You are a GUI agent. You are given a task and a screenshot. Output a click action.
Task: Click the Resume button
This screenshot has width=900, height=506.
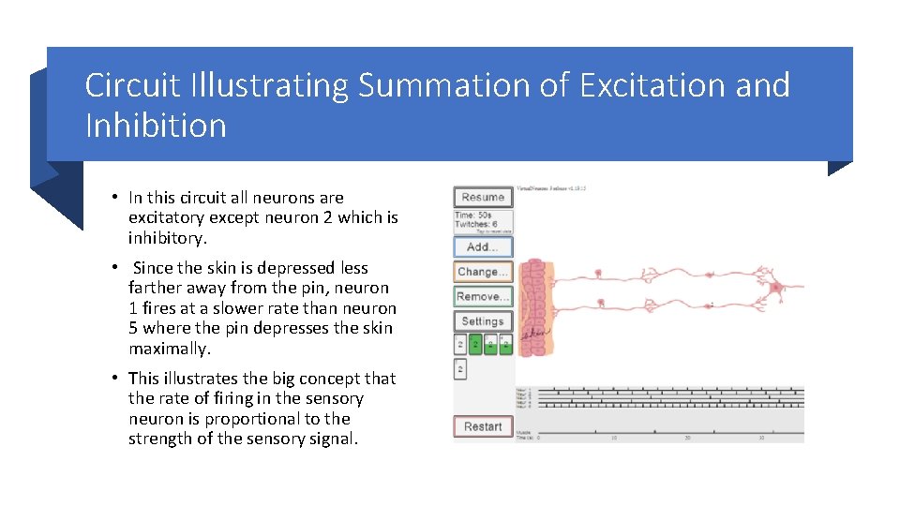(483, 197)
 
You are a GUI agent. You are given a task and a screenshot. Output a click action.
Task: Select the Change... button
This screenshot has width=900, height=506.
(483, 272)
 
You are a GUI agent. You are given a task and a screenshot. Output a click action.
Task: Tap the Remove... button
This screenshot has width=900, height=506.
(483, 297)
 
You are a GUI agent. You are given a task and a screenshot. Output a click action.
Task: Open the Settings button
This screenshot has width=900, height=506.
(483, 321)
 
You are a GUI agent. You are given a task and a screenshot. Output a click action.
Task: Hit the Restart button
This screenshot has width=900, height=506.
(483, 426)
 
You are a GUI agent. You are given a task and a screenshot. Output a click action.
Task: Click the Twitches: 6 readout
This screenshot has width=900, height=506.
(476, 225)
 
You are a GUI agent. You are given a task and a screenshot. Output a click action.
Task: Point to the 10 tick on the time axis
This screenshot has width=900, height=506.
(613, 438)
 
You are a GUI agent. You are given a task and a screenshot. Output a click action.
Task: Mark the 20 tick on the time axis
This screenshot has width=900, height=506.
(687, 438)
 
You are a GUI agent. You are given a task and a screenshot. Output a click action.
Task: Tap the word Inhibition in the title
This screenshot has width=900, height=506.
(156, 126)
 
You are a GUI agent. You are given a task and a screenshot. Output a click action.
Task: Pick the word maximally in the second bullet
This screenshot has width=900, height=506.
(170, 349)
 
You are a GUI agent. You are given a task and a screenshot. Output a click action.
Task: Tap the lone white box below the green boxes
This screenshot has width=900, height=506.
(460, 370)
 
